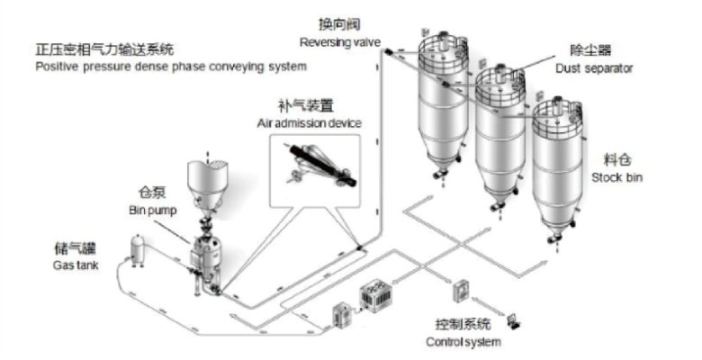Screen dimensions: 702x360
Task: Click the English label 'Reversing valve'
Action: point(340,42)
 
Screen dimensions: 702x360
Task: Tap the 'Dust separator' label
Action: point(594,68)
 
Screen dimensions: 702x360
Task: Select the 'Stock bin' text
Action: point(616,177)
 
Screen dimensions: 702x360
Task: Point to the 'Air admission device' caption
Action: point(309,123)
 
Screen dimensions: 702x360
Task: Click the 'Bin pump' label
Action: point(153,210)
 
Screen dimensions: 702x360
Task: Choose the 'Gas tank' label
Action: point(76,265)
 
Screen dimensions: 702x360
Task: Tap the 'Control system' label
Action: point(463,342)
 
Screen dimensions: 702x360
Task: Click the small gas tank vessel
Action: point(138,251)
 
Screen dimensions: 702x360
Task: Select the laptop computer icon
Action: point(514,321)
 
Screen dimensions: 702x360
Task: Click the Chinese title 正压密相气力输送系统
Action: point(104,49)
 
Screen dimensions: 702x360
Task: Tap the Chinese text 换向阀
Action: point(339,24)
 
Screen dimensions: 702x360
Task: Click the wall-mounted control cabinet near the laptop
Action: point(460,291)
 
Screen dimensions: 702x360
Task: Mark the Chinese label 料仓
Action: point(616,159)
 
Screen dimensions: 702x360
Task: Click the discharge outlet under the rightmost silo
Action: point(555,238)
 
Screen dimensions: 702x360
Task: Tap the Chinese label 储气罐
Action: point(75,248)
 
